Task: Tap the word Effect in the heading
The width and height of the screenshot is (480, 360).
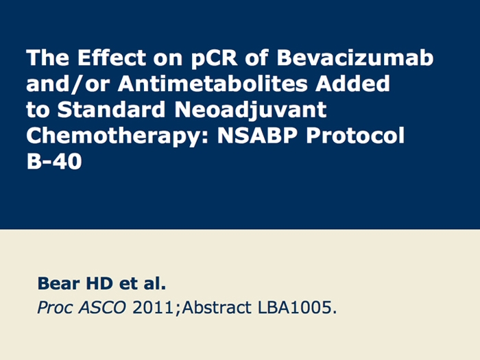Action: tap(112, 57)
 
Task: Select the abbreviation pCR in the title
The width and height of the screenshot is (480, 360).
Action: tap(214, 58)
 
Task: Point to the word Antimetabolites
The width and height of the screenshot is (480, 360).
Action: tap(213, 83)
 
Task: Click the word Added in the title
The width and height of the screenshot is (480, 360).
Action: tap(352, 83)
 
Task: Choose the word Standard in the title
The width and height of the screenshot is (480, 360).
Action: tap(111, 109)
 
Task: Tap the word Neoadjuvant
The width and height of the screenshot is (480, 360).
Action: tap(250, 110)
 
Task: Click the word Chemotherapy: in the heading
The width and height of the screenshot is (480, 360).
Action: tap(117, 136)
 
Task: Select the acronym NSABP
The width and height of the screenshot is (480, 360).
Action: tap(257, 135)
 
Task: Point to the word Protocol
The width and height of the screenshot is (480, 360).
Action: tap(355, 135)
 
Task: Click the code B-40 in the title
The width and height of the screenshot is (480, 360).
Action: tap(54, 161)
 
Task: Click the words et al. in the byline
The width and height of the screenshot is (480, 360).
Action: tap(143, 283)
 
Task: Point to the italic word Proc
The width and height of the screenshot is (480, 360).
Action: tap(55, 308)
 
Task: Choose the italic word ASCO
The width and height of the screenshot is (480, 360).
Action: tap(102, 307)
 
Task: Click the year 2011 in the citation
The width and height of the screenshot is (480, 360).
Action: tap(153, 307)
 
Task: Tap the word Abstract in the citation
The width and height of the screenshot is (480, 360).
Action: tap(217, 307)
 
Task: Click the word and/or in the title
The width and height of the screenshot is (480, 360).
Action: tap(68, 83)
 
